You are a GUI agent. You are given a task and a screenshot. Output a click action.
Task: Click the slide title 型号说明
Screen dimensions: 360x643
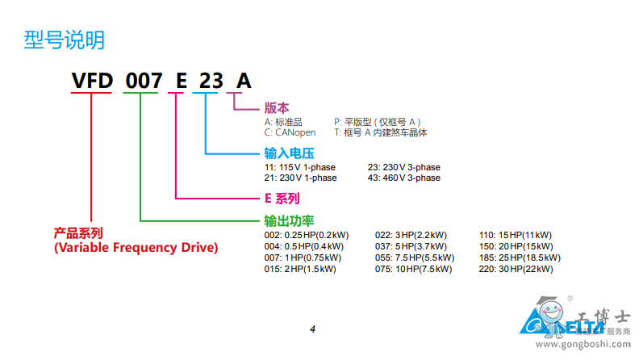tap(64, 40)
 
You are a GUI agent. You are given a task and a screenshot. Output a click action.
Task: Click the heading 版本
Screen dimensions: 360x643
tap(276, 107)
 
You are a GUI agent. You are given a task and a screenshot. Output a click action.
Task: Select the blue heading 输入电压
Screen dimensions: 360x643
tap(288, 153)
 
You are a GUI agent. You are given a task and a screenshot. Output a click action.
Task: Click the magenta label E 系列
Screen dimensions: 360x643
tap(282, 198)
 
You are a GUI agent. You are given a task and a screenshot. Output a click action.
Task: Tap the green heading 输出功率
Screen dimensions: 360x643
tap(289, 220)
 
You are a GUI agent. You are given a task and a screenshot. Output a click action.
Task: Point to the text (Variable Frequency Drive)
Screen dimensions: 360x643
tap(136, 247)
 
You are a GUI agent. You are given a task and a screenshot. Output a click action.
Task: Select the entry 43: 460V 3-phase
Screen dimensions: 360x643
tap(403, 178)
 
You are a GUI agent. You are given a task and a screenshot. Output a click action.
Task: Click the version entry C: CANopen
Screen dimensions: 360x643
tap(291, 132)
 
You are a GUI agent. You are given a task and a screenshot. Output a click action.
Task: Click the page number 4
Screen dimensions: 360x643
tap(312, 329)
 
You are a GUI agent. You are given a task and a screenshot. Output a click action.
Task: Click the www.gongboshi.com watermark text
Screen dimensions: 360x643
tap(596, 345)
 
